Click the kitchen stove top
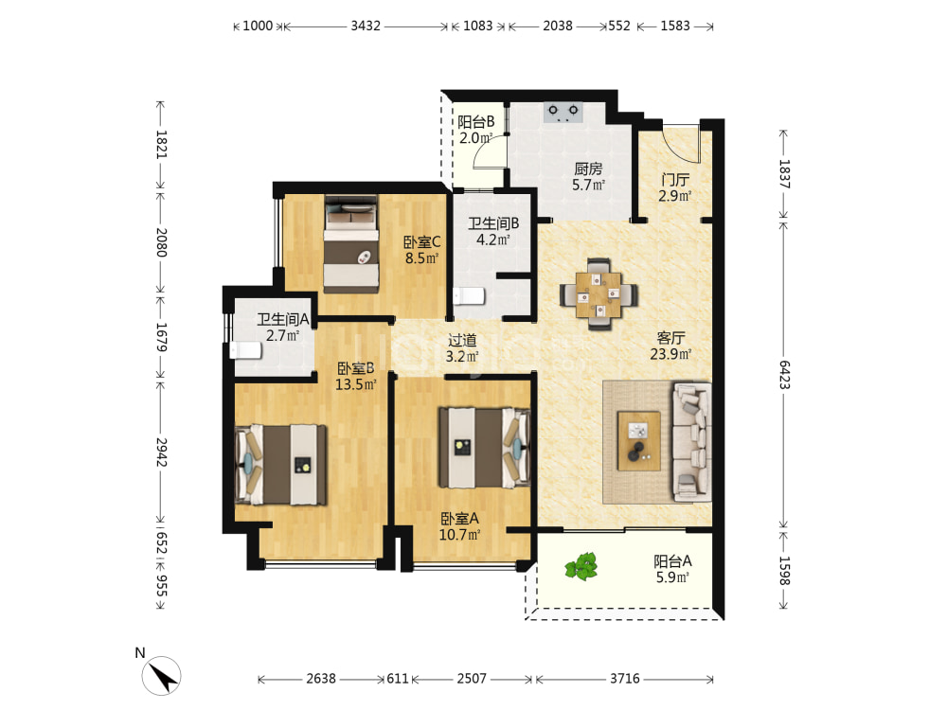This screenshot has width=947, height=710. point(563,113)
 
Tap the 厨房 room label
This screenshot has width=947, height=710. point(588,169)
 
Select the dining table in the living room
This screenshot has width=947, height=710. point(599,294)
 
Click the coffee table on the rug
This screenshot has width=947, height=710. point(638,441)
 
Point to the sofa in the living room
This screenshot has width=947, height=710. point(691,442)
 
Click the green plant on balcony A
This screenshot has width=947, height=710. point(581,566)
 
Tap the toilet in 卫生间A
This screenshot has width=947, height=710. point(245,351)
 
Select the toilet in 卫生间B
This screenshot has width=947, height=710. point(469,296)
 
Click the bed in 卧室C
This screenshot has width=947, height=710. point(351,244)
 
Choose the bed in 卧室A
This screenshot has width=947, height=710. point(484,448)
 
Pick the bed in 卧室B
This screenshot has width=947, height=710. point(280,465)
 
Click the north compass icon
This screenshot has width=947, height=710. point(161,676)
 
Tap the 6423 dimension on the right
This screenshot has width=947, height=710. point(784,375)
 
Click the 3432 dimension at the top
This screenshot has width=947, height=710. point(366,26)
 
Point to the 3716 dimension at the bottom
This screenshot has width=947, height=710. point(624,679)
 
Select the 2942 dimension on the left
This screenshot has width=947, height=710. point(161,453)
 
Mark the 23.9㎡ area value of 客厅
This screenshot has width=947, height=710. point(670,354)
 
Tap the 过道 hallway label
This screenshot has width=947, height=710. point(463,340)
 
